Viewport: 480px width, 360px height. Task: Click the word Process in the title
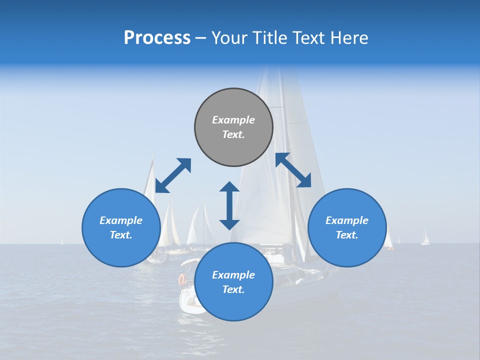(x=157, y=38)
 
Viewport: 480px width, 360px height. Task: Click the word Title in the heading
(x=270, y=38)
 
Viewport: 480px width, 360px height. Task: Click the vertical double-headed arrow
(x=229, y=205)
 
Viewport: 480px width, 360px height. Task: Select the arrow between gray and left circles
(x=173, y=175)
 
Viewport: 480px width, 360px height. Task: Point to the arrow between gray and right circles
(x=293, y=170)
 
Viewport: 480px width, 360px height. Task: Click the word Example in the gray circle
(x=233, y=120)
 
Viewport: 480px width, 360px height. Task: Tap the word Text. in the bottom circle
(x=233, y=289)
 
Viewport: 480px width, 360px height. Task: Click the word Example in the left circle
(x=121, y=220)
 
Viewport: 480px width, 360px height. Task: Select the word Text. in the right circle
(x=347, y=235)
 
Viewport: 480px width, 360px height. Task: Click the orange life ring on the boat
(x=182, y=279)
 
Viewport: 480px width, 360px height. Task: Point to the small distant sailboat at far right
(x=425, y=238)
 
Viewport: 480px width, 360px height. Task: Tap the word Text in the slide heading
(x=309, y=38)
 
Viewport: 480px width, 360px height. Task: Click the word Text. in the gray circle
(x=233, y=134)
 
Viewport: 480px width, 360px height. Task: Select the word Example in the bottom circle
(x=233, y=275)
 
